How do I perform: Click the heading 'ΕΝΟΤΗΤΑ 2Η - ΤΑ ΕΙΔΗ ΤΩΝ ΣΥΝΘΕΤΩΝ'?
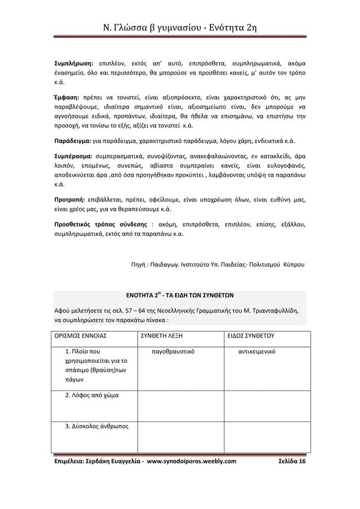point(179,295)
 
